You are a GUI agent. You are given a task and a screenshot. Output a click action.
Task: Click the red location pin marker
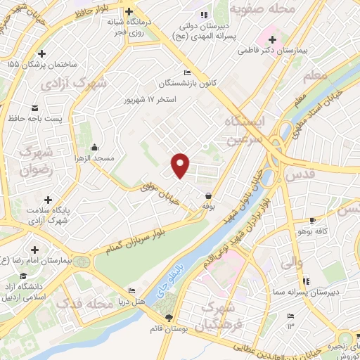(181, 165)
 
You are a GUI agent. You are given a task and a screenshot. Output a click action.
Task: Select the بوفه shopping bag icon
(208, 196)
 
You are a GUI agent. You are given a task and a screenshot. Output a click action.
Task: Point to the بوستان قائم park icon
(175, 319)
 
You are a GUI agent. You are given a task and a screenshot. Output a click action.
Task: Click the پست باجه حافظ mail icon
(34, 108)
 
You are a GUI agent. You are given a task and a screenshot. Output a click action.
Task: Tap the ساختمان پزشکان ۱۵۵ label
(33, 65)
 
